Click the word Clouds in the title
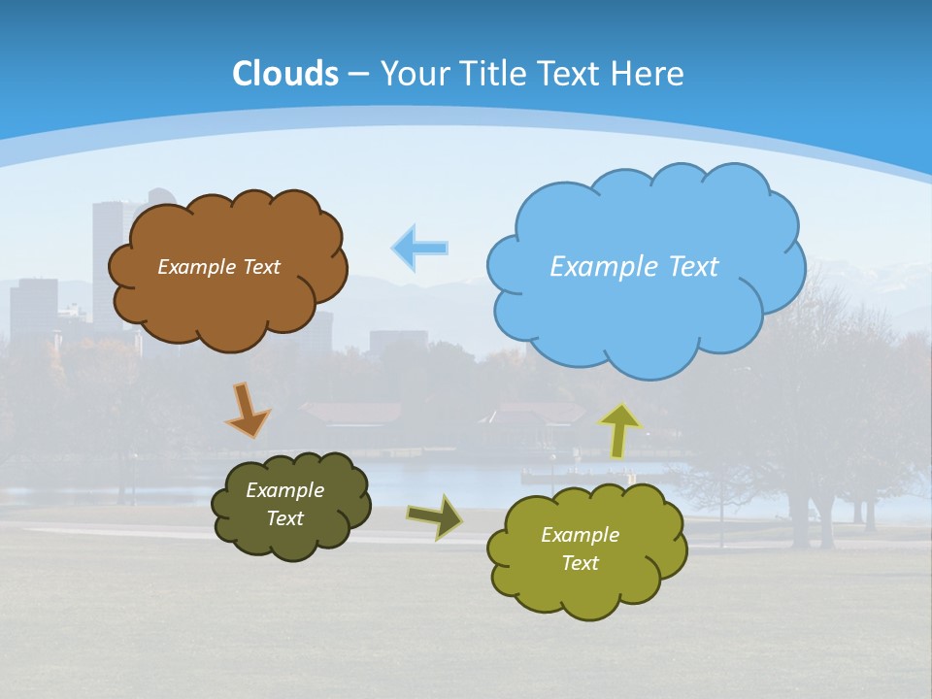[285, 74]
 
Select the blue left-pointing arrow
[419, 249]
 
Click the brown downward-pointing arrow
[248, 410]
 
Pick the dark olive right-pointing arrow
[435, 516]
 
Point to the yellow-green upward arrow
[619, 430]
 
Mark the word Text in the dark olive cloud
[284, 518]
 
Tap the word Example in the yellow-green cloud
[580, 535]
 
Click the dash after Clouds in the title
[357, 75]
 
